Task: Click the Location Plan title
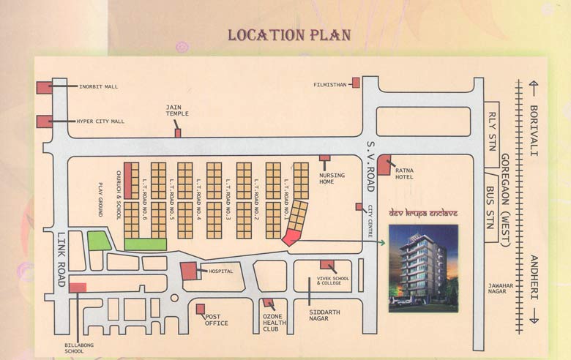click(x=288, y=35)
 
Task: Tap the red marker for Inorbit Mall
click(x=45, y=87)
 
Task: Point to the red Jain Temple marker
click(x=177, y=133)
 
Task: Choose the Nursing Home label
click(x=326, y=178)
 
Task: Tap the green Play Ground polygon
click(x=99, y=240)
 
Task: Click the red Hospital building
click(x=190, y=271)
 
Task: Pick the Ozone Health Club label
click(x=271, y=323)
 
